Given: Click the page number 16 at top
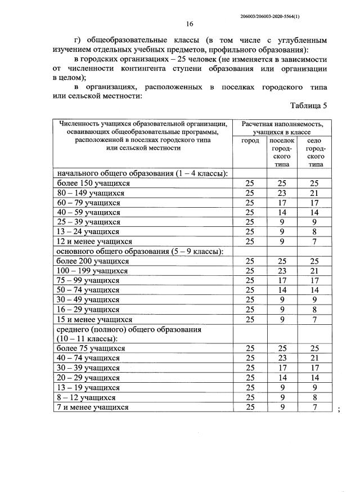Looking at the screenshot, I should [190, 24].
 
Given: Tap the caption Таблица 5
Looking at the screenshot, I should [308, 105].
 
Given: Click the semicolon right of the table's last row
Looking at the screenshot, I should [339, 409].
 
